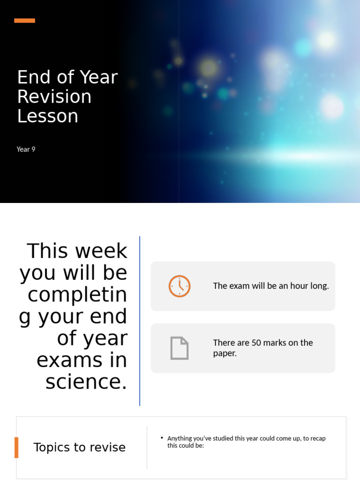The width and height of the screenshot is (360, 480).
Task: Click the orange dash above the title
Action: coord(24,21)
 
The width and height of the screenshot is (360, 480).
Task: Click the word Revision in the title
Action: coord(54,97)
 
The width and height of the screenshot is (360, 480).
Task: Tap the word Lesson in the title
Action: coord(47,116)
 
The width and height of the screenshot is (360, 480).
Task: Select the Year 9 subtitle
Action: coord(26,150)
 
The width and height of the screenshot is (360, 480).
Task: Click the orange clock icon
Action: coord(180,286)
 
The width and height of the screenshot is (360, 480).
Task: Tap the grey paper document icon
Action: coord(179,348)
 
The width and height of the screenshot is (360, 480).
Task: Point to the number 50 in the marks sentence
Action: coord(256,343)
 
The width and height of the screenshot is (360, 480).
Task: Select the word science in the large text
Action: coord(86,382)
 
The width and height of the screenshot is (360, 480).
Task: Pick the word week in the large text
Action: coord(102,251)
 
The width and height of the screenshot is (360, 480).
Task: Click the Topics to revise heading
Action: coord(80,447)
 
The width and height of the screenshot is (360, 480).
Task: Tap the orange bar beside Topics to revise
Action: coord(16,447)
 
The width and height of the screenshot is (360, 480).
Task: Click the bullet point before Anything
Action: coord(162,438)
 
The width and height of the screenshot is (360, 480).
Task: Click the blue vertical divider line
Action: coord(140,321)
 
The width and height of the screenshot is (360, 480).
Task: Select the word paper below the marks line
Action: coord(225,353)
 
